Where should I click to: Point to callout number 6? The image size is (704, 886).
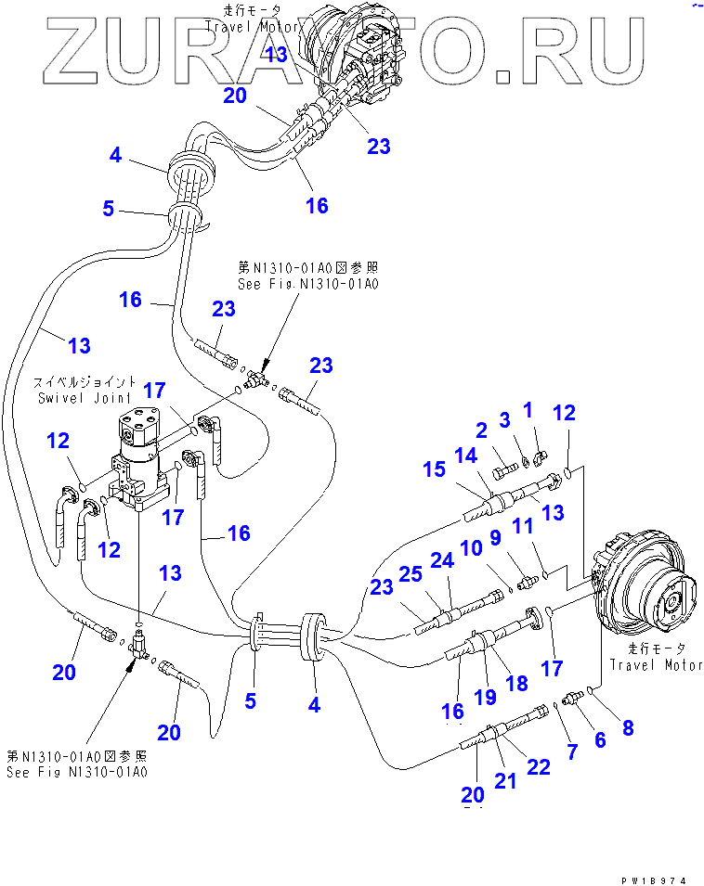pyautogui.click(x=600, y=739)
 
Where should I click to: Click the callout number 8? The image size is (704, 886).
pyautogui.click(x=628, y=727)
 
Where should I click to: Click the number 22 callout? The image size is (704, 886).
pyautogui.click(x=538, y=766)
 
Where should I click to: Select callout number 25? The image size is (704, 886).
pyautogui.click(x=411, y=574)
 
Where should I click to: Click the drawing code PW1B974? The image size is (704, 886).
pyautogui.click(x=662, y=878)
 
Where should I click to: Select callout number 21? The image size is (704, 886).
pyautogui.click(x=504, y=780)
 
